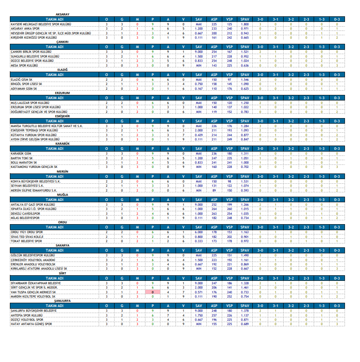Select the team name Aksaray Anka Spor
pos(25,28)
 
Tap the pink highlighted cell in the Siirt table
pos(152,292)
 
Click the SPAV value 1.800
pos(245,24)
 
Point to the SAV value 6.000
pos(199,231)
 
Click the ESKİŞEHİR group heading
pos(63,116)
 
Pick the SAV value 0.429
pos(199,135)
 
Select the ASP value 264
pos(214,209)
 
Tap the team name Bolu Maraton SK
pos(23,163)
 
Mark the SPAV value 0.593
pos(245,190)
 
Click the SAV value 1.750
pos(199,315)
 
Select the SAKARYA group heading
pos(63,245)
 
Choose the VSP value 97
pos(230,79)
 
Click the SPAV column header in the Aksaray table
pos(245,20)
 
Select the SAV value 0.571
pos(199,292)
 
